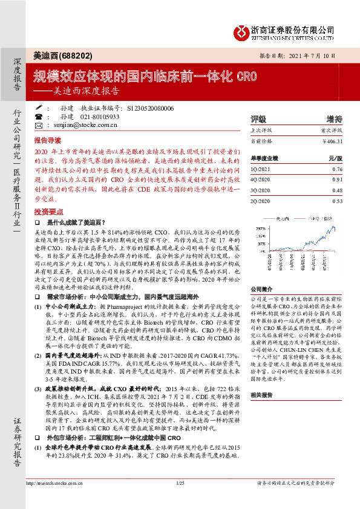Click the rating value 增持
334,118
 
